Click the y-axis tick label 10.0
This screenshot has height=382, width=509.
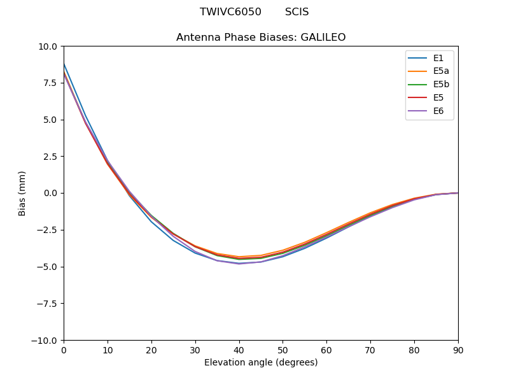(48, 46)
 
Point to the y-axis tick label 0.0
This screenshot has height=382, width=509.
(50, 194)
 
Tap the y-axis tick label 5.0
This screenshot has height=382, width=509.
(50, 120)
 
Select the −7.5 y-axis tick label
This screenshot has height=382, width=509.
(46, 304)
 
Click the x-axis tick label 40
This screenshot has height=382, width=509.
(239, 350)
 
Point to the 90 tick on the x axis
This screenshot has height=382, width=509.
(457, 350)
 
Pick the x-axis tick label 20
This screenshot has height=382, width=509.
(151, 350)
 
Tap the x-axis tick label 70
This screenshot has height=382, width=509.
(370, 350)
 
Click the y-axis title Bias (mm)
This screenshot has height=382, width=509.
(22, 193)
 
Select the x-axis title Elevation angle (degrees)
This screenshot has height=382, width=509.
(261, 363)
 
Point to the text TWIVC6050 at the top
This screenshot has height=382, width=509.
(230, 12)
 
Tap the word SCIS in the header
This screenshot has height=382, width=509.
(296, 12)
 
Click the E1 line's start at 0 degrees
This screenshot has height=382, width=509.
(64, 64)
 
